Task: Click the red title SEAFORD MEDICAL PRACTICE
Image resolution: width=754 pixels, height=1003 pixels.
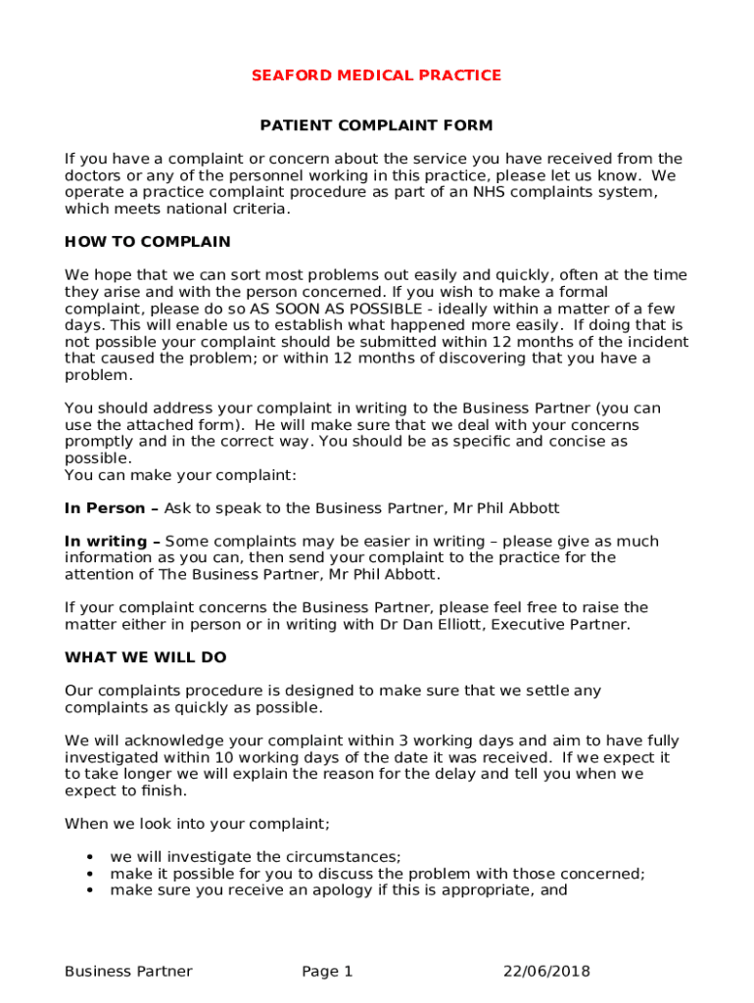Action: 376,75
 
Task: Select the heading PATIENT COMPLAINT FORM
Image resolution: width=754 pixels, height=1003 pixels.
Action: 376,126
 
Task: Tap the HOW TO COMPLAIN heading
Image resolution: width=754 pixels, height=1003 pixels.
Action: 147,242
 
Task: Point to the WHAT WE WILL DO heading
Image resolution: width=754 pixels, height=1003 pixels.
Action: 145,658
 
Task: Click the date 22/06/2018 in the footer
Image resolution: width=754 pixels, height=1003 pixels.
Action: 546,972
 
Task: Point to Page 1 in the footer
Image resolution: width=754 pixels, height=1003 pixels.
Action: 327,972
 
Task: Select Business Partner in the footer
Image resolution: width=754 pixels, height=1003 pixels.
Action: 128,972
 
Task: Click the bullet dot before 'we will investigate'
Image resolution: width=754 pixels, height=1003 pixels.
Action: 90,858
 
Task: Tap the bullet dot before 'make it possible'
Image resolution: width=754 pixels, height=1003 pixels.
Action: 90,875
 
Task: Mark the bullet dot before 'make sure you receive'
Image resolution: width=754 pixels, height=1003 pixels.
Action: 90,891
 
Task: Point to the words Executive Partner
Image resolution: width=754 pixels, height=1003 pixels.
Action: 569,624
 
